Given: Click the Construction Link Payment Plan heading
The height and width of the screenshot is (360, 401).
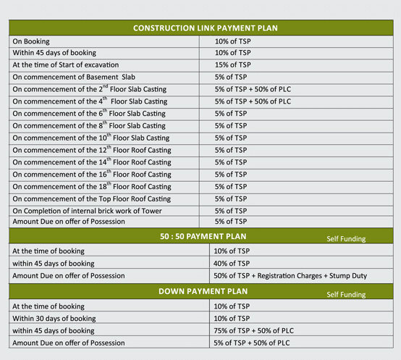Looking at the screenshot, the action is coord(206,28).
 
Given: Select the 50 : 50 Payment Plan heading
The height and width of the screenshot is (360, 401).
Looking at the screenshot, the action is coord(203,236).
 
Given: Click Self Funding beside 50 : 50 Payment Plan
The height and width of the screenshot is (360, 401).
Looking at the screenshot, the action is coord(346,238).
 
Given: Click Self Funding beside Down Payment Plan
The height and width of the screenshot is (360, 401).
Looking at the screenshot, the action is coord(346,295).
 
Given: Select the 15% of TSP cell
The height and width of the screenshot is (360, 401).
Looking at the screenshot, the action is coord(232,64).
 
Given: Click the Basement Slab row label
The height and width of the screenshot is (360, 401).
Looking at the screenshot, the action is coord(84,77).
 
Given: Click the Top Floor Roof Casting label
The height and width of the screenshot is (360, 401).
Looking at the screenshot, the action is coord(92,198).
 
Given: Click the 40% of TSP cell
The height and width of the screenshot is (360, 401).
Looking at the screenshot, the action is coord(232,263).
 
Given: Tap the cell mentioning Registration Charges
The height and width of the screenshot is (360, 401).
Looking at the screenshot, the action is coord(290,275).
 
